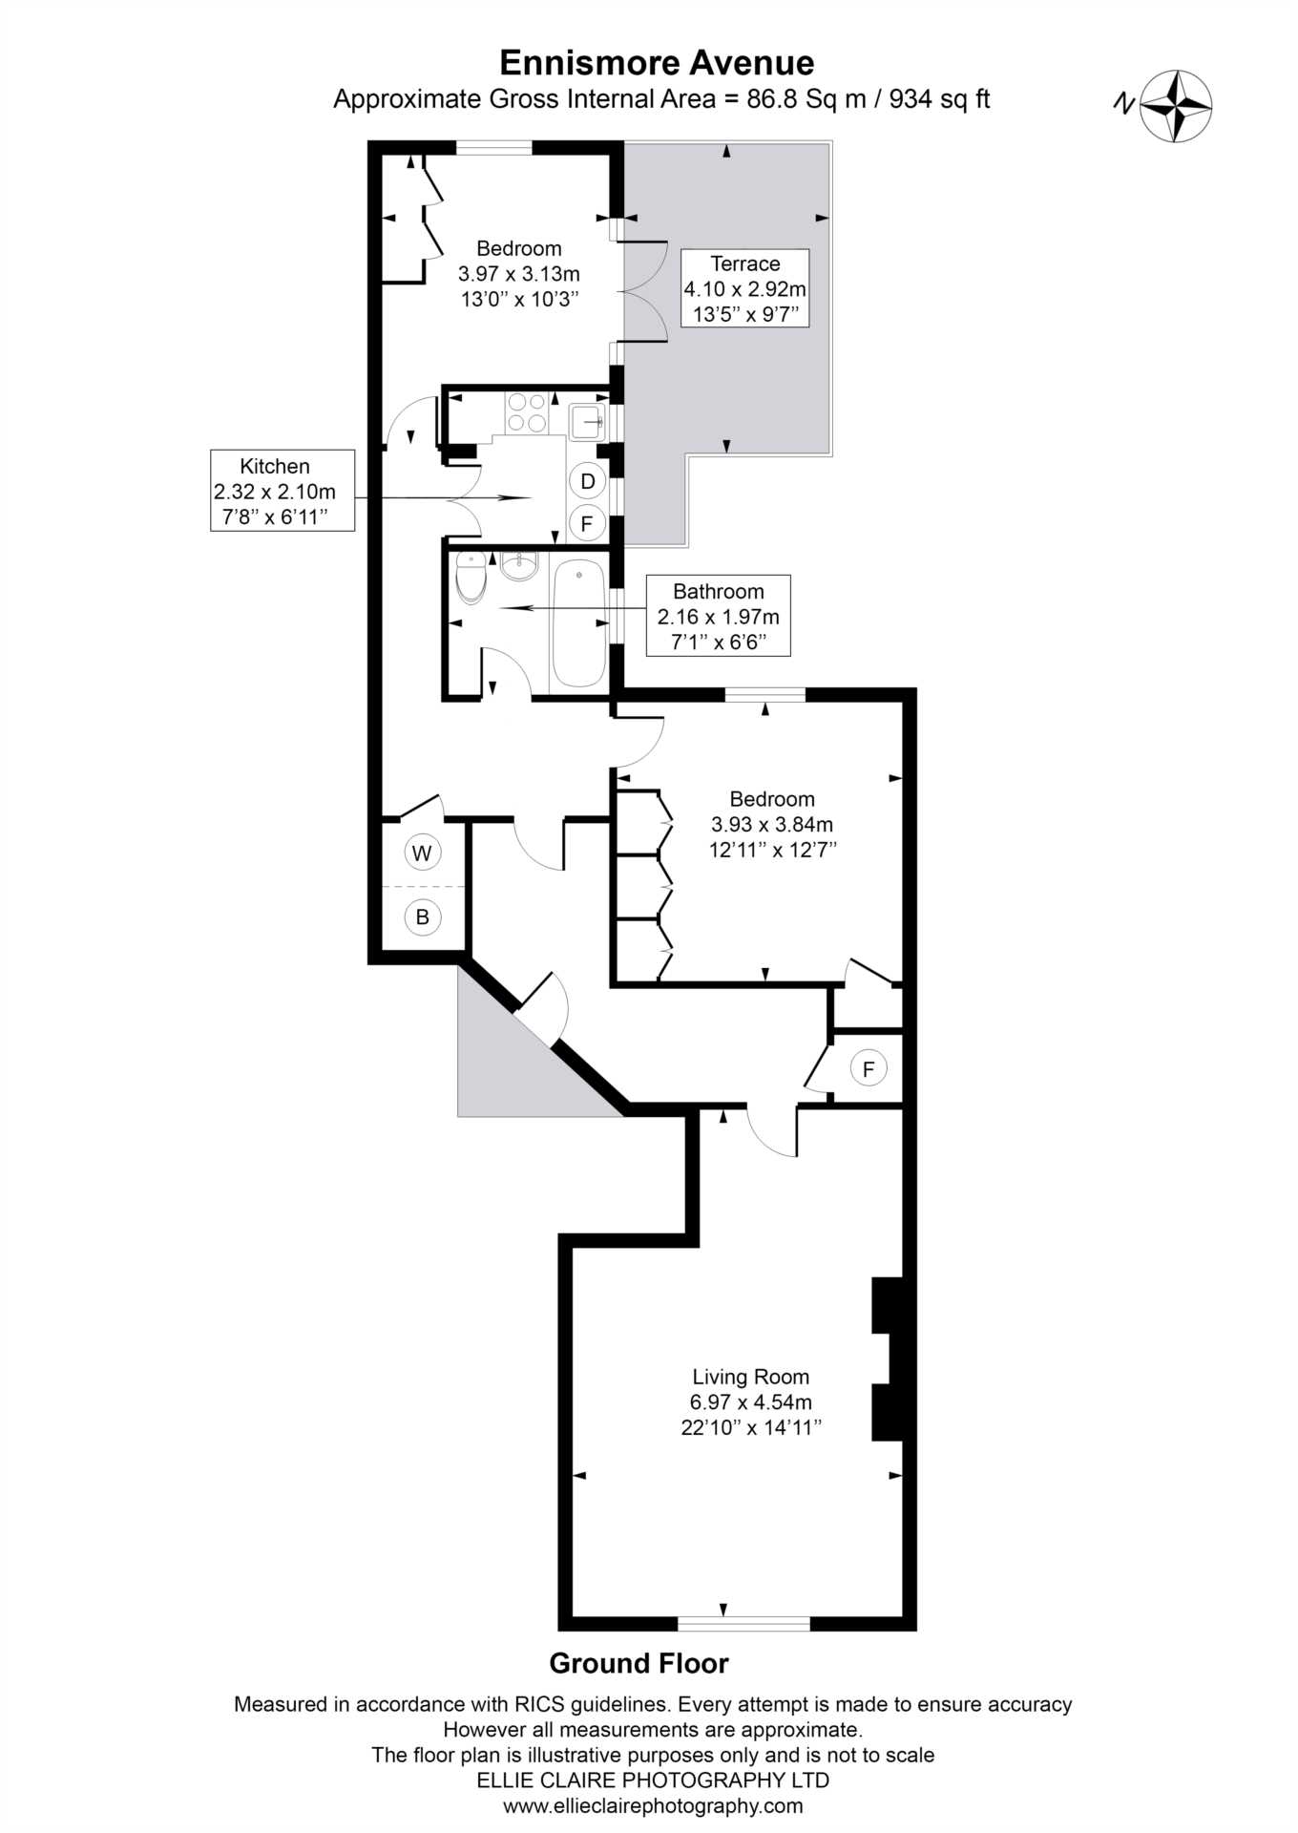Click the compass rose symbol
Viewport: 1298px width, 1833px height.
(1177, 106)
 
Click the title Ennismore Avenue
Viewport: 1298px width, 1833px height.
(657, 63)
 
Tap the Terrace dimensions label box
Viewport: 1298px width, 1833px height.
(744, 288)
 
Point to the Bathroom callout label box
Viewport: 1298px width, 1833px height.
(718, 616)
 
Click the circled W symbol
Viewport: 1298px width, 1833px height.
(422, 853)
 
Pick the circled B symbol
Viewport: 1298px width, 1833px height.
(422, 917)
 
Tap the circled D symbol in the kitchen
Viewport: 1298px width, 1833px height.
(587, 481)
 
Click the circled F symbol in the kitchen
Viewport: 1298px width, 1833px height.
(587, 523)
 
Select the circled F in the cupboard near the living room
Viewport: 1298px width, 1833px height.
(868, 1068)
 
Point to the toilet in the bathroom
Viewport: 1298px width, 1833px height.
(471, 577)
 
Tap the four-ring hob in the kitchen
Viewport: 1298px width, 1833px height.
(527, 412)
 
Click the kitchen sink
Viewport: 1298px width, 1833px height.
(586, 420)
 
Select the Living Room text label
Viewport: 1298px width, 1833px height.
(750, 1377)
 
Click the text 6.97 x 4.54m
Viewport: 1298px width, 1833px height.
(750, 1402)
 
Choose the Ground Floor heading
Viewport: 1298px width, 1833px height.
(639, 1664)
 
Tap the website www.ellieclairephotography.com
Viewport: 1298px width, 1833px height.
(653, 1806)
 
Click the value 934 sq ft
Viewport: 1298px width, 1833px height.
(939, 99)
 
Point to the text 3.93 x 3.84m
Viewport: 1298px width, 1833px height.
(771, 824)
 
